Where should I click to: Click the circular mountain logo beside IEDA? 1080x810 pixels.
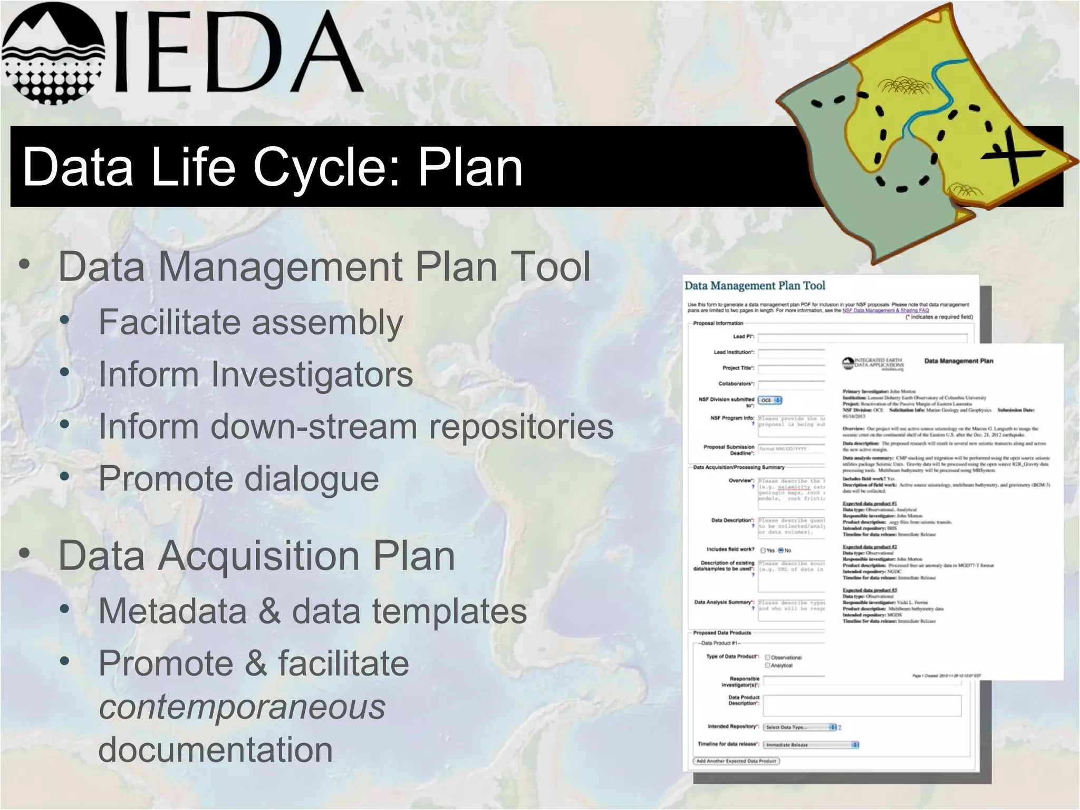[x=53, y=53]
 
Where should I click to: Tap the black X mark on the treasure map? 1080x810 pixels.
[x=1011, y=155]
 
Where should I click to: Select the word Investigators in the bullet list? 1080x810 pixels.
[x=312, y=374]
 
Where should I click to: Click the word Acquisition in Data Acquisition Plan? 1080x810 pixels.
[x=259, y=556]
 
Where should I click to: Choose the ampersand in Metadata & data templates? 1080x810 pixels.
[x=269, y=611]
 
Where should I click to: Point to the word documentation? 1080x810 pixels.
[x=216, y=750]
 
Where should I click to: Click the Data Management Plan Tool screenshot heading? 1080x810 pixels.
[x=755, y=286]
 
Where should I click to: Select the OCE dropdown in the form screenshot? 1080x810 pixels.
[x=770, y=400]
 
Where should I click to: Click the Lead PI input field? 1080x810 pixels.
[x=862, y=337]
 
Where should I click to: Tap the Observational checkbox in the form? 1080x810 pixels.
[x=768, y=657]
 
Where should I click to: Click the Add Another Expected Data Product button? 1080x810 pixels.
[x=736, y=761]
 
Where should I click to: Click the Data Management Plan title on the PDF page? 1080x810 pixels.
[x=958, y=361]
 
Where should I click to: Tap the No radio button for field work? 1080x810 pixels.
[x=781, y=550]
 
